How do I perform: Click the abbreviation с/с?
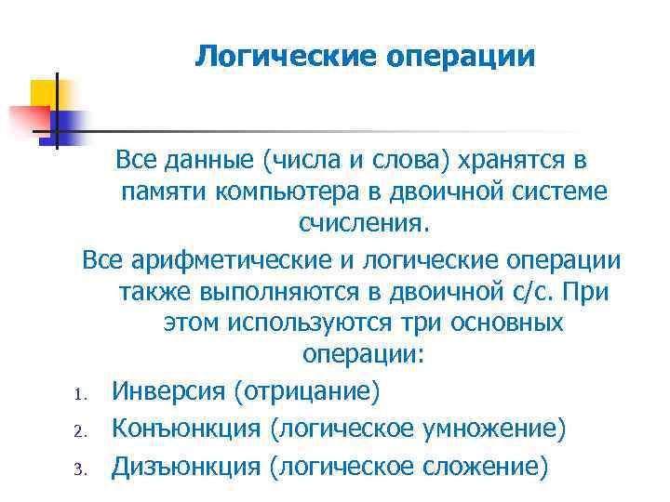pyautogui.click(x=529, y=291)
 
